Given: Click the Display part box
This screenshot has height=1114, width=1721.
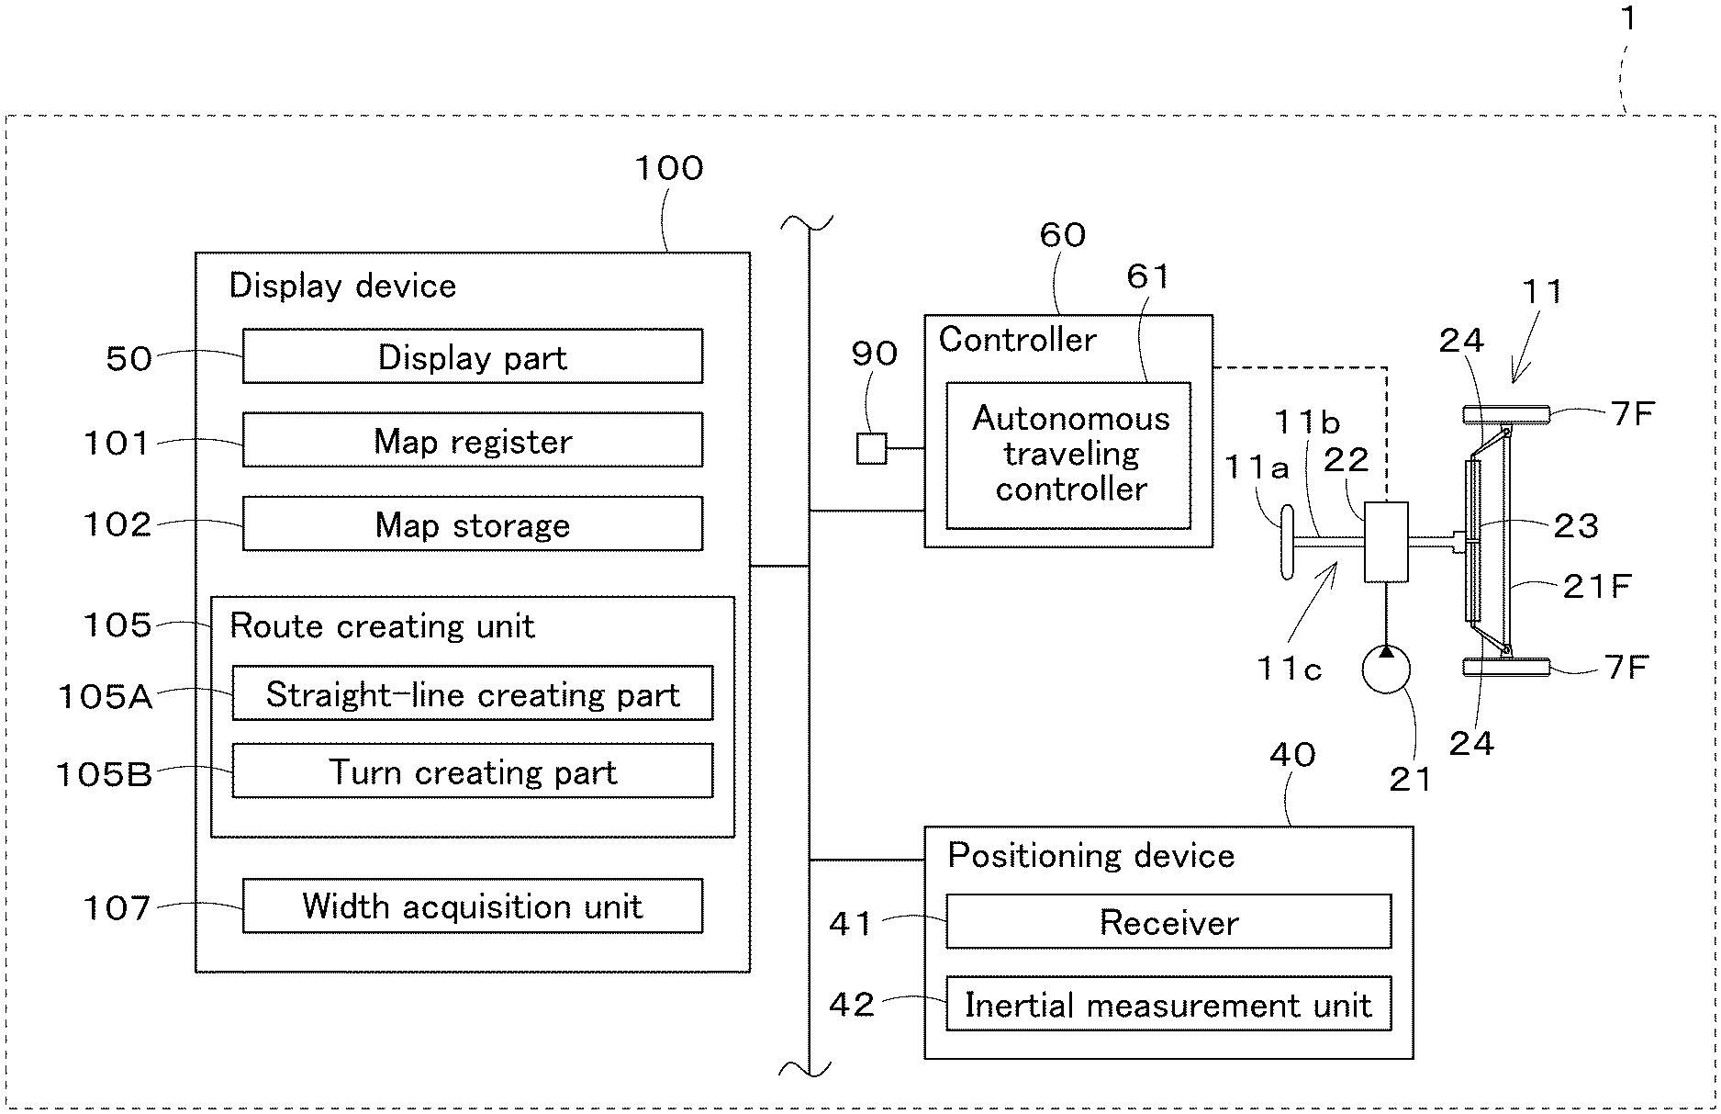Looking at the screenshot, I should pyautogui.click(x=472, y=356).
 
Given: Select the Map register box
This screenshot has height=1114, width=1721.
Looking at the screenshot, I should pyautogui.click(x=472, y=441).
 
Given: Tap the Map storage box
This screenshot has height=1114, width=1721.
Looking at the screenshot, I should pyautogui.click(x=472, y=524).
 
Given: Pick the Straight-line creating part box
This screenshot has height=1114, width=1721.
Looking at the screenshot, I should pyautogui.click(x=472, y=694).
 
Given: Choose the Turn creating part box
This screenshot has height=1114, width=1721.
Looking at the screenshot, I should pyautogui.click(x=472, y=771).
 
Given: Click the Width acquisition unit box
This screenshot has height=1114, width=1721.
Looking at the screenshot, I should pyautogui.click(x=472, y=906).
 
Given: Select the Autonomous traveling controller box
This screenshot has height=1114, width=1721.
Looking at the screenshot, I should pyautogui.click(x=1068, y=456).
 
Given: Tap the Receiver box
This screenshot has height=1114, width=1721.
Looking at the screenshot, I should pyautogui.click(x=1168, y=922).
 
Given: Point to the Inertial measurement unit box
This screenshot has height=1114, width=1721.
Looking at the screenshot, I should pyautogui.click(x=1168, y=1004).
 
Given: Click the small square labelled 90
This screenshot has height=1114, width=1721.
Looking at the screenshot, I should pyautogui.click(x=871, y=448).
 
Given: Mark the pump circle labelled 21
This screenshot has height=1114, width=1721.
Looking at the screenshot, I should pyautogui.click(x=1386, y=669).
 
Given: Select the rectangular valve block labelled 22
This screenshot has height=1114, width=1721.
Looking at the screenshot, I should pyautogui.click(x=1386, y=542).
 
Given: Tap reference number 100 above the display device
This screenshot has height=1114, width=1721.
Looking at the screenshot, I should pyautogui.click(x=669, y=169).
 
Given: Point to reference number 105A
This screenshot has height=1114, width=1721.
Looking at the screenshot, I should pyautogui.click(x=105, y=696).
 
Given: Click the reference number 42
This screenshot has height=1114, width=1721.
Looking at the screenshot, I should pyautogui.click(x=852, y=1005).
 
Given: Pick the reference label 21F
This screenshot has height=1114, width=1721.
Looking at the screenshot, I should pyautogui.click(x=1597, y=586).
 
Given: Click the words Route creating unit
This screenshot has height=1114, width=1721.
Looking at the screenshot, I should pyautogui.click(x=382, y=626).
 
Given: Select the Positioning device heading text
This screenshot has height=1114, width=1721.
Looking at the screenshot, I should pyautogui.click(x=1091, y=856).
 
